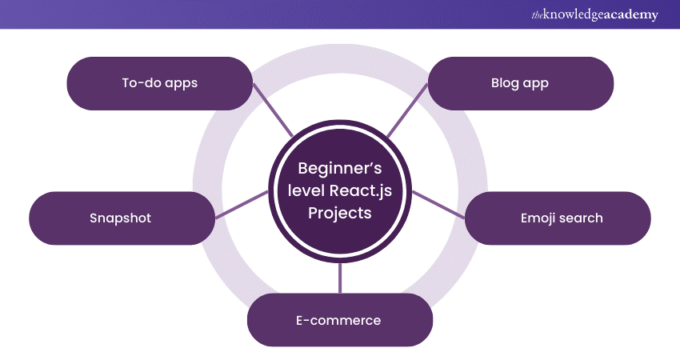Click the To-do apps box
159,83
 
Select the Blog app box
520,83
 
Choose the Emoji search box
558,218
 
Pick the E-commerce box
340,320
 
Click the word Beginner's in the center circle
340,169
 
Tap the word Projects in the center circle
340,215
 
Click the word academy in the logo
629,15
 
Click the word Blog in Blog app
505,83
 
